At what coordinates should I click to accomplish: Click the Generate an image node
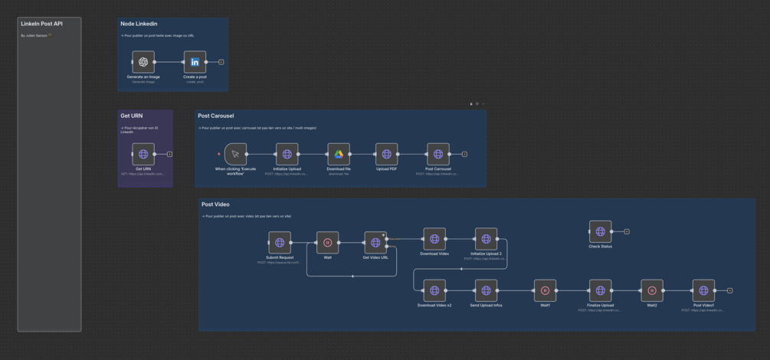point(143,62)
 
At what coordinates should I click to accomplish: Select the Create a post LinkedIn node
point(195,62)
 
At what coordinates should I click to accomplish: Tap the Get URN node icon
point(143,154)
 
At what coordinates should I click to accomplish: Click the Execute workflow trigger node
point(236,154)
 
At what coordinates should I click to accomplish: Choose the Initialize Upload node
point(287,154)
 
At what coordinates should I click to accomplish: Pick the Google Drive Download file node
point(339,154)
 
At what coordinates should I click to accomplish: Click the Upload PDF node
point(387,154)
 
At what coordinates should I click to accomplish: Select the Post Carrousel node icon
point(438,154)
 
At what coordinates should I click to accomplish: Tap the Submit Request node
point(280,243)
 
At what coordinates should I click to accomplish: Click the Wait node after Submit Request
point(327,243)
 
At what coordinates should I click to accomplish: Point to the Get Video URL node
point(375,243)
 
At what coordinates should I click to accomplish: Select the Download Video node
point(434,239)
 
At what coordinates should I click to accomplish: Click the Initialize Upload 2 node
point(486,239)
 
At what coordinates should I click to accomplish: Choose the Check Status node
point(600,231)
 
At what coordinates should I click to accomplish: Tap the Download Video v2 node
point(434,290)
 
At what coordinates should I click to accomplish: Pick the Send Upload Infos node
point(486,290)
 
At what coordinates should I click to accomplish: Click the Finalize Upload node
point(600,290)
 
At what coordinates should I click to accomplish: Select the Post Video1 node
point(703,290)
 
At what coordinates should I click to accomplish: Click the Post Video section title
point(215,205)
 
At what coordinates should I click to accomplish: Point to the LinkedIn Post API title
point(42,24)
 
